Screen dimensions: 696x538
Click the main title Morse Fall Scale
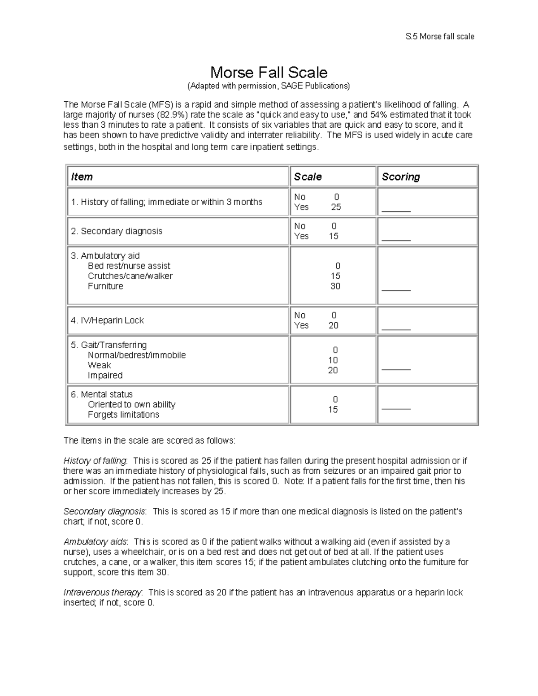click(x=269, y=72)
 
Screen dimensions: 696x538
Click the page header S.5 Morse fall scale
click(x=440, y=37)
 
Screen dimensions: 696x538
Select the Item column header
click(x=82, y=177)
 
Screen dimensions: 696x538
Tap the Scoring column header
click(x=401, y=177)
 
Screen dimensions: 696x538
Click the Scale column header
click(x=308, y=177)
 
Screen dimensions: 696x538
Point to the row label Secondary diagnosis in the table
click(x=117, y=231)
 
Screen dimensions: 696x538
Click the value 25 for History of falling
click(x=336, y=207)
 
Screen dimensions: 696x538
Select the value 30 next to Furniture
click(x=335, y=286)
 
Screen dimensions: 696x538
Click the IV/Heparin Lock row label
click(x=108, y=320)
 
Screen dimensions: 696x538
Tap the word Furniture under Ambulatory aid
click(x=105, y=286)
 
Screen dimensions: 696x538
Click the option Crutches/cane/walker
click(x=130, y=276)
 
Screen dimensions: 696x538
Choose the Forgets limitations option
click(x=123, y=415)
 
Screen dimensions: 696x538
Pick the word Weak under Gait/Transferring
click(x=99, y=365)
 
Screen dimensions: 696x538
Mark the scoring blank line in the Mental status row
click(x=396, y=409)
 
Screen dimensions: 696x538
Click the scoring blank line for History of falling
click(x=396, y=211)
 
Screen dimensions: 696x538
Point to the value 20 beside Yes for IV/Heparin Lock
click(x=334, y=325)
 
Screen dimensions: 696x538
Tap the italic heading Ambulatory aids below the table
click(x=95, y=542)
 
